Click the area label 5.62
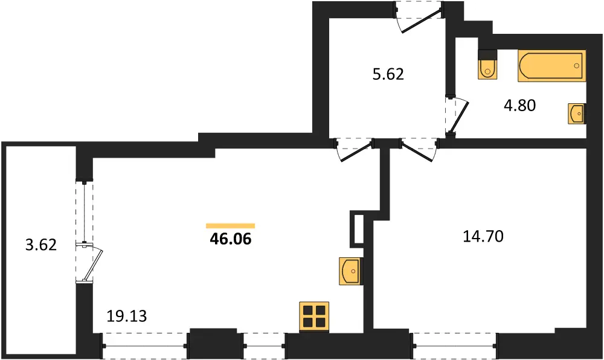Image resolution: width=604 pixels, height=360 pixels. pyautogui.click(x=388, y=74)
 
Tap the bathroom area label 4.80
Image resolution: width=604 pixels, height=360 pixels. pyautogui.click(x=519, y=105)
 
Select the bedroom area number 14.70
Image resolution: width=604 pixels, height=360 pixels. pyautogui.click(x=483, y=236)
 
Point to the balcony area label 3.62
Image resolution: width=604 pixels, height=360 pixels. pyautogui.click(x=41, y=245)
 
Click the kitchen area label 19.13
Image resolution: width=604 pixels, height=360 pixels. pyautogui.click(x=127, y=316)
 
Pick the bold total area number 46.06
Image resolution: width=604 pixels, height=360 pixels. pyautogui.click(x=230, y=239)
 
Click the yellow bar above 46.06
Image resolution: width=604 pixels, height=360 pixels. pyautogui.click(x=230, y=226)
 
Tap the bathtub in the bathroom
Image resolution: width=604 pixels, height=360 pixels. pyautogui.click(x=552, y=66)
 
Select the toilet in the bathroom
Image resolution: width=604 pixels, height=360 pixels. pyautogui.click(x=487, y=65)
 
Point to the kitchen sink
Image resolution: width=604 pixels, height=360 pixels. pyautogui.click(x=351, y=271)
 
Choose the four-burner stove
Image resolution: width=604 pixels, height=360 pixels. pyautogui.click(x=314, y=317)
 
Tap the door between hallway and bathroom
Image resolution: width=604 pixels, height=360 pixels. pyautogui.click(x=457, y=115)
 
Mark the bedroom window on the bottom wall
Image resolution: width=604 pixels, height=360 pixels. pyautogui.click(x=455, y=346)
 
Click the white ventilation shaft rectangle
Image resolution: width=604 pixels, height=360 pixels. pyautogui.click(x=358, y=229)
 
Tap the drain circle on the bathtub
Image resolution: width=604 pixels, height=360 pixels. pyautogui.click(x=577, y=66)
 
